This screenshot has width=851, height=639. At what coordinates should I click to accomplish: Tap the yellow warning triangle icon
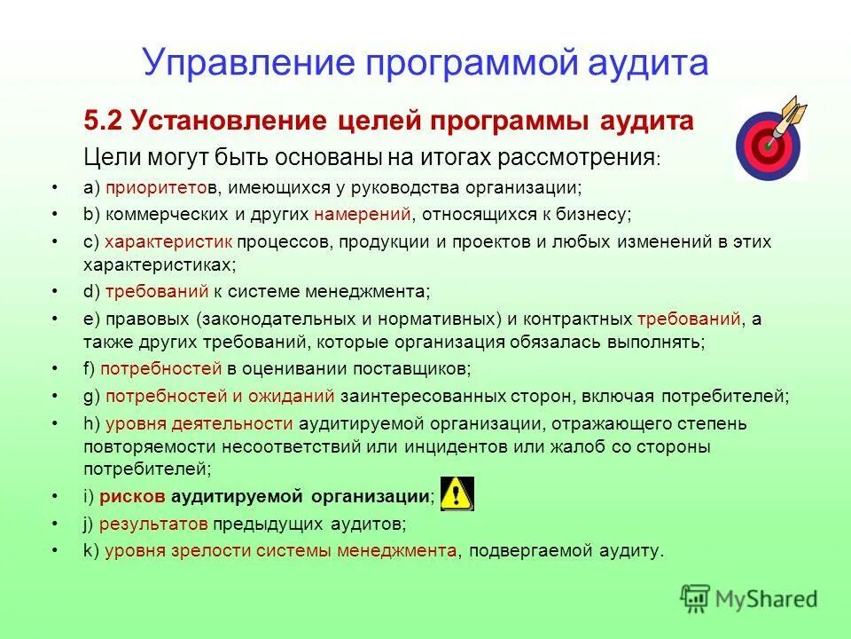(457, 493)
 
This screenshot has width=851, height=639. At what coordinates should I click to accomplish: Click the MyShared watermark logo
(748, 597)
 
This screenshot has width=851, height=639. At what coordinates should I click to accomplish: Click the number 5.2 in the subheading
(105, 122)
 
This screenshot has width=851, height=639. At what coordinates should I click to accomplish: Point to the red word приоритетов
(148, 187)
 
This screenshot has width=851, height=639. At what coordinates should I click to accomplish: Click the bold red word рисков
(129, 495)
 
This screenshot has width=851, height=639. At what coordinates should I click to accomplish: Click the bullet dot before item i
(56, 495)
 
